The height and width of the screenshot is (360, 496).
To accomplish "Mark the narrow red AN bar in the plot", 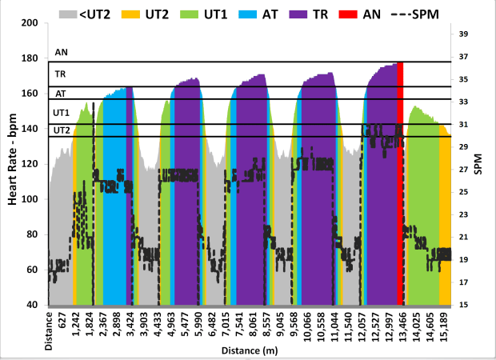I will (400, 184).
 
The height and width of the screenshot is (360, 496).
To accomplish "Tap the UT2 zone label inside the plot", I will (62, 130).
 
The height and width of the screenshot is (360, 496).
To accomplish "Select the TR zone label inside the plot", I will (60, 74).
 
